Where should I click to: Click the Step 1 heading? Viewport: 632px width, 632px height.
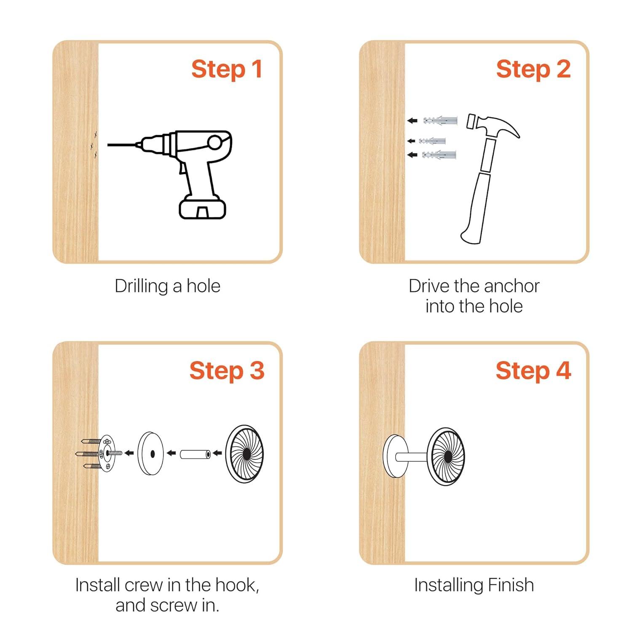[x=227, y=69]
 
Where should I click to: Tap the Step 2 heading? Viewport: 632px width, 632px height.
[x=533, y=69]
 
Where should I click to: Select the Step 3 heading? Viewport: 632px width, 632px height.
[x=227, y=371]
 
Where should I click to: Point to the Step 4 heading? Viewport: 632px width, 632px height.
[x=533, y=371]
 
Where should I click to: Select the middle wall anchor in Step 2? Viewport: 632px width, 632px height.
[x=432, y=141]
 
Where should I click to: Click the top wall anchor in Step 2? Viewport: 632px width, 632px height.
[x=440, y=120]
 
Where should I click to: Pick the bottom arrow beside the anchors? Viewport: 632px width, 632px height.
[x=412, y=155]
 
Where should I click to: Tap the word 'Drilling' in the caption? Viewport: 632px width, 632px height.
[x=142, y=287]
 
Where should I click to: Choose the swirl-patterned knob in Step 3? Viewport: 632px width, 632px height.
[x=245, y=453]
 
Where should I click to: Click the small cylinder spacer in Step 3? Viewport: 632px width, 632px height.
[x=195, y=455]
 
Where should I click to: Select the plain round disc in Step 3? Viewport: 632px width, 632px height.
[x=150, y=454]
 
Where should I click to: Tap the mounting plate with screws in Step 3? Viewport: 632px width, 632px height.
[x=101, y=453]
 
